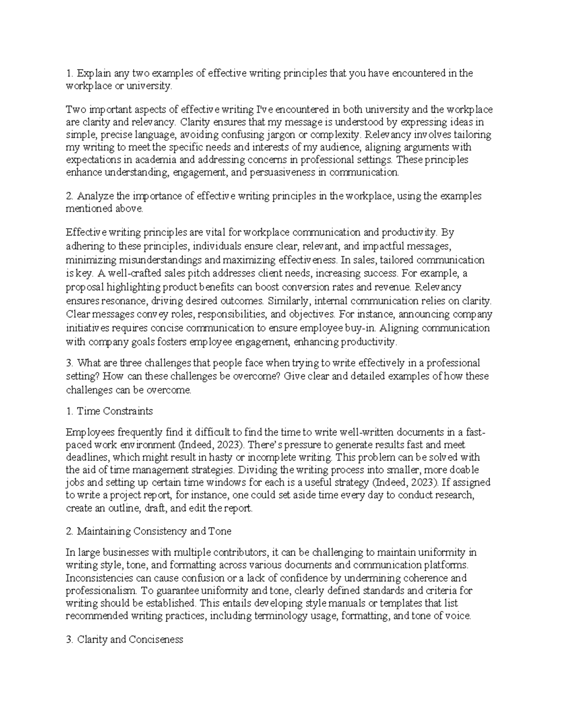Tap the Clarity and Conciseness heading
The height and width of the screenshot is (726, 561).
(129, 639)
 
